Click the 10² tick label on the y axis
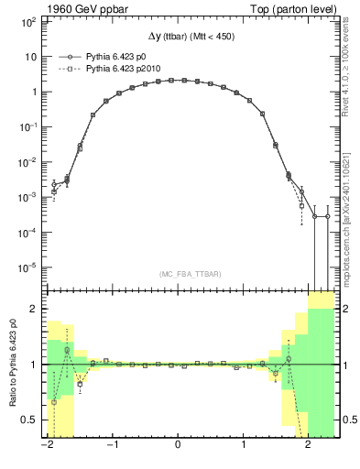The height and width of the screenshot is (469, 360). pyautogui.click(x=28, y=21)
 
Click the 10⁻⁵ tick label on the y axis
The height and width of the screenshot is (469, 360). pyautogui.click(x=28, y=267)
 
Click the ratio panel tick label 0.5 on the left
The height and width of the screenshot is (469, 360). pyautogui.click(x=27, y=420)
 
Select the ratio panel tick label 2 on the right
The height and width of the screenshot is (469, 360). pyautogui.click(x=347, y=309)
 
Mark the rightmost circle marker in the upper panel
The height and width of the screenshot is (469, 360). pyautogui.click(x=327, y=216)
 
